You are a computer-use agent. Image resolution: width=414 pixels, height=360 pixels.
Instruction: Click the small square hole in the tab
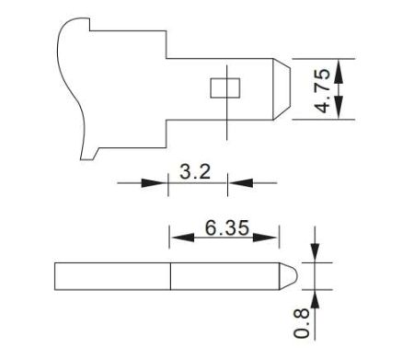224,87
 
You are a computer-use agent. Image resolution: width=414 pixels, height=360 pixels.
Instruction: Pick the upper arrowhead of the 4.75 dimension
341,67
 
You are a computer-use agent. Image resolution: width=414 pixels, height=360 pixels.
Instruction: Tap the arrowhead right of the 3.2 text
236,183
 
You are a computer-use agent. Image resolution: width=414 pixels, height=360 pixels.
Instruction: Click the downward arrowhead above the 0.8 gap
315,255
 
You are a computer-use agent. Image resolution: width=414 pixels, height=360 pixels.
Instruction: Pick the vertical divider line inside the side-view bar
171,275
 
